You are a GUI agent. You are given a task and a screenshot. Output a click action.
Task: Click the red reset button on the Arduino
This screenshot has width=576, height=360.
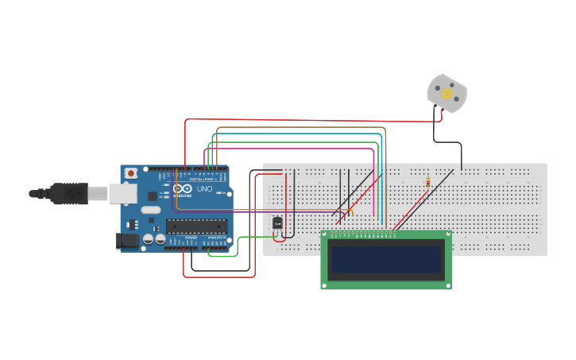[x=130, y=172]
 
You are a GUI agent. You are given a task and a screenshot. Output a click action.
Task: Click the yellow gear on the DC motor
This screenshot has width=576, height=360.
[x=446, y=93]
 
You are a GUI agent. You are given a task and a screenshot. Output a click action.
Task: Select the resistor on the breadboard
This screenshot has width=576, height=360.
[x=428, y=182]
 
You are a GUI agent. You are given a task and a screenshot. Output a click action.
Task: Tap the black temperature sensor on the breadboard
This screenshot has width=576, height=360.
[x=277, y=223]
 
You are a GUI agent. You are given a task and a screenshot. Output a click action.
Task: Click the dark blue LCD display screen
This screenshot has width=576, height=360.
[x=386, y=259]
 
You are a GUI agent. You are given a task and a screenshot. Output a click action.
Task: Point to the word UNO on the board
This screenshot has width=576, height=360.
[x=204, y=189]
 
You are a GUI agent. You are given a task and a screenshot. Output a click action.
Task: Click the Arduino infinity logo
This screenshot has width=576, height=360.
[x=177, y=188]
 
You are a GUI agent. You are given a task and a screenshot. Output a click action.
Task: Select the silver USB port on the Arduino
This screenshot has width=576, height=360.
[x=122, y=192]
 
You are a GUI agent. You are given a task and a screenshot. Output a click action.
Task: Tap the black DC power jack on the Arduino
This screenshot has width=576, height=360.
[x=126, y=240]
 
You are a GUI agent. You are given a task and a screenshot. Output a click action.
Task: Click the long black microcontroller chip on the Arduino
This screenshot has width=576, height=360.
[x=195, y=226]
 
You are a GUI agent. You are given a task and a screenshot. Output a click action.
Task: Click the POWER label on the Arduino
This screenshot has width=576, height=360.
[x=191, y=238]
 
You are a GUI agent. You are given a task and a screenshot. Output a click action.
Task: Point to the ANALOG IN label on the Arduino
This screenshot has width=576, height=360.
[x=215, y=238]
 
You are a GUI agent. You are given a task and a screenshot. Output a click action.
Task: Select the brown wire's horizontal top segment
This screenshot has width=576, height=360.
[x=302, y=127]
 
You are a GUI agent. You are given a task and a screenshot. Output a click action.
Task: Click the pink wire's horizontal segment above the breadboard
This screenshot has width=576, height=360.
[x=294, y=148]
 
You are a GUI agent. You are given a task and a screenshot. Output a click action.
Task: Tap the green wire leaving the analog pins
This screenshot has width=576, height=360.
[x=237, y=246]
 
